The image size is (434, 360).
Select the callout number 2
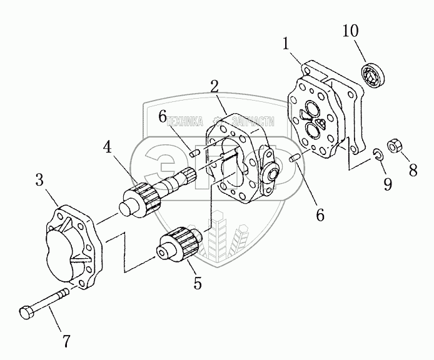point(214,86)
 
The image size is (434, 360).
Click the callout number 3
point(39,182)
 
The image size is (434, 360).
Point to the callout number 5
point(198,283)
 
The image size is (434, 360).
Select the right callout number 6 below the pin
point(320,214)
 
